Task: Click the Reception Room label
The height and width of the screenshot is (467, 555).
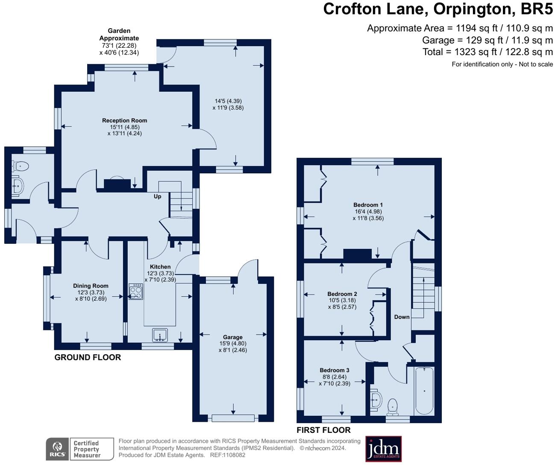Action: click(x=124, y=121)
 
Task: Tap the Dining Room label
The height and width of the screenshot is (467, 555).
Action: click(x=91, y=286)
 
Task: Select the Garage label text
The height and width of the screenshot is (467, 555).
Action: click(x=233, y=337)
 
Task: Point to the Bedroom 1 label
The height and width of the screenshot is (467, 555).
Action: click(x=368, y=205)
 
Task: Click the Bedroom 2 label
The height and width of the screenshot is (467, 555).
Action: click(x=342, y=294)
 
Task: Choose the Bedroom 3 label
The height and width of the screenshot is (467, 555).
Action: click(x=335, y=370)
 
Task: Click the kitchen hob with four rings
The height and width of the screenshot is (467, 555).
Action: click(x=136, y=292)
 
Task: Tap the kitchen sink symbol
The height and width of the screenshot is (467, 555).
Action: click(x=160, y=335)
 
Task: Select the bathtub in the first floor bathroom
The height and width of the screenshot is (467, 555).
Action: click(x=424, y=391)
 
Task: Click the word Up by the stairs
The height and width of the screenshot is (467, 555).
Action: click(x=157, y=197)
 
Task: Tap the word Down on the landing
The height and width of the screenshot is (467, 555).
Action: click(x=402, y=317)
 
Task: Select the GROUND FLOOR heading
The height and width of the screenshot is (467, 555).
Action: click(x=88, y=357)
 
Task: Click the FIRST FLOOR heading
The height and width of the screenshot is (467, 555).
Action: click(x=323, y=430)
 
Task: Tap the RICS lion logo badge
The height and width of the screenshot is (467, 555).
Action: click(x=57, y=449)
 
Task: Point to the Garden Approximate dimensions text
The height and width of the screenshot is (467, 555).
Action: click(x=119, y=42)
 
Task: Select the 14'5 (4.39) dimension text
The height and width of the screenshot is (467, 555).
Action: click(x=228, y=101)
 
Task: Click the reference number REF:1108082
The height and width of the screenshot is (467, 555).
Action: click(x=228, y=455)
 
